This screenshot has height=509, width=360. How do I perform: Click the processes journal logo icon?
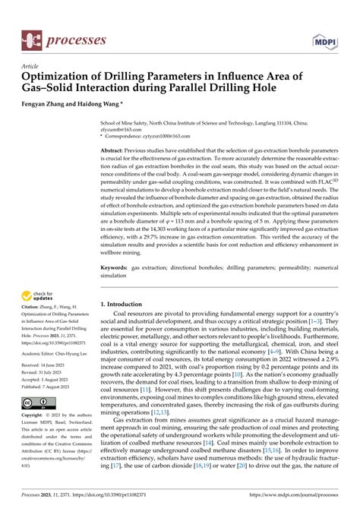click(x=30, y=37)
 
